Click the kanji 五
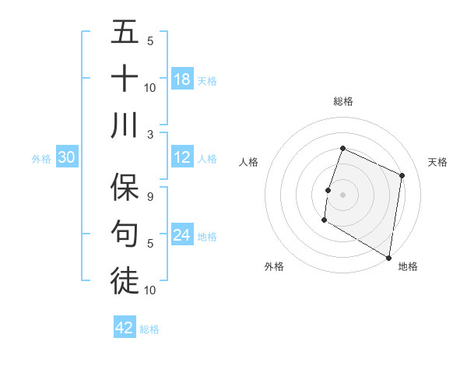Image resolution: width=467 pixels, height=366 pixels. point(125,32)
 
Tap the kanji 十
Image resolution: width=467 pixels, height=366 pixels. point(125,79)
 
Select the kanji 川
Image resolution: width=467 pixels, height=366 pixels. point(125,125)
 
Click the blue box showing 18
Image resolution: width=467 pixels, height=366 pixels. point(181,79)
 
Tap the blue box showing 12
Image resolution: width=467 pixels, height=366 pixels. point(181,157)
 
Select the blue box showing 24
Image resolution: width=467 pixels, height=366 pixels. point(181,235)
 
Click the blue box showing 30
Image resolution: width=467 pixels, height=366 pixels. point(67,157)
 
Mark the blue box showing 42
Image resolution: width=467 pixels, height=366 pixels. point(125,328)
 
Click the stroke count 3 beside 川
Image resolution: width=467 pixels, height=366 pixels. point(150,134)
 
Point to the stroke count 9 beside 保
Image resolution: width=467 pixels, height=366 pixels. point(150,197)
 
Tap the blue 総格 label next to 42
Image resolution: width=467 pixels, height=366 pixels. point(150,329)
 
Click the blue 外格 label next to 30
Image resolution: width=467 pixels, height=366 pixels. point(41,159)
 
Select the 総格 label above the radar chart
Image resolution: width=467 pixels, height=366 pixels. point(342,101)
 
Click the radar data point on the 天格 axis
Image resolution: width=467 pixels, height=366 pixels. point(402,175)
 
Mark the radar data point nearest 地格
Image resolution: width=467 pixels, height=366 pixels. point(388,257)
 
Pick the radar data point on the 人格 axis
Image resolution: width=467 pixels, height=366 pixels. point(328,190)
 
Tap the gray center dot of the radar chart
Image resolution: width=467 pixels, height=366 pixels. point(342,195)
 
